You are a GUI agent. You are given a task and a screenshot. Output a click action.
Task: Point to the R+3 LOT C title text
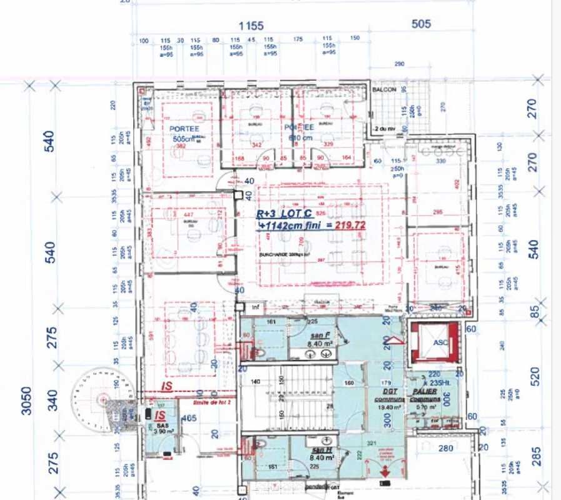coord(283,213)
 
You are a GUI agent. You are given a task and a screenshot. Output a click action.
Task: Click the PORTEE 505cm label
coord(183,133)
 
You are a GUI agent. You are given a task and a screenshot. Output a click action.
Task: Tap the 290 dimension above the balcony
coord(400,64)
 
